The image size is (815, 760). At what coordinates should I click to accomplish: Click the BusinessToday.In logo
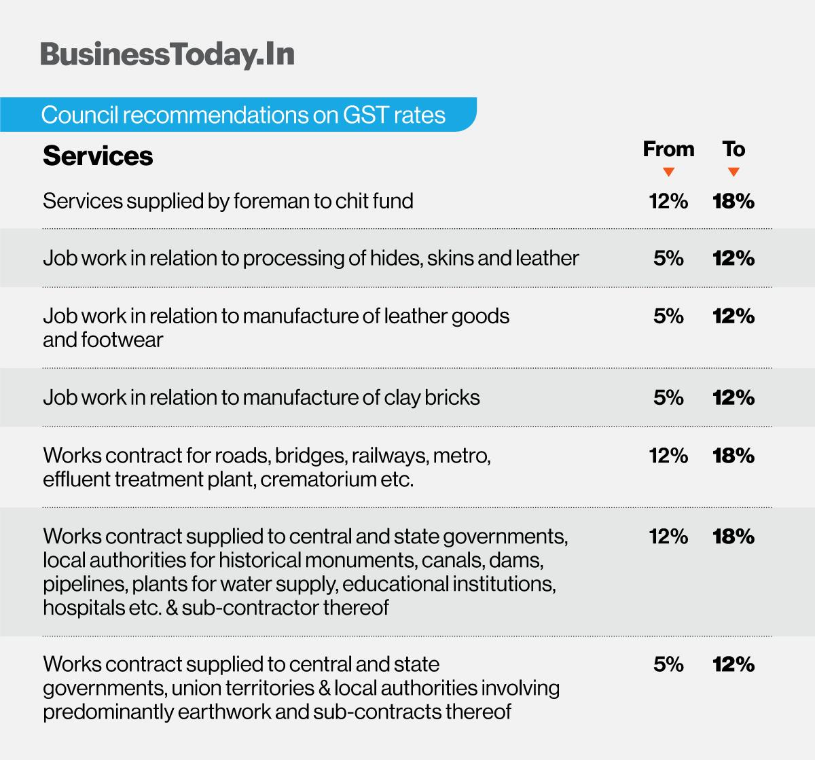167,55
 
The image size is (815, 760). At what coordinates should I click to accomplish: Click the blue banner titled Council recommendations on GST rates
242,115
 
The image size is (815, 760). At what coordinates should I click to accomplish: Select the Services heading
98,156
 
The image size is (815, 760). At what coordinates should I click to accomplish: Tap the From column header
668,149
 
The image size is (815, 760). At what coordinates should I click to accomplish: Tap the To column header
733,149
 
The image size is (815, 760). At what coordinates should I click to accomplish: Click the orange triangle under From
668,173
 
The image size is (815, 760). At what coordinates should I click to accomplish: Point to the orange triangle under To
733,173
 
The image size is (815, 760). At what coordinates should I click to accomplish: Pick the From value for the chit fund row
668,201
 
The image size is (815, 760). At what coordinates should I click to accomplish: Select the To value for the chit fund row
733,201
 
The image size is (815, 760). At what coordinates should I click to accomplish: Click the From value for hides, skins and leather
668,258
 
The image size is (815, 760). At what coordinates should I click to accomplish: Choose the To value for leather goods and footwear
733,316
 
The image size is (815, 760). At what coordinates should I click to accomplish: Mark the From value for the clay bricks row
668,397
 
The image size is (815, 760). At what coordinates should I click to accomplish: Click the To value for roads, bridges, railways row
733,456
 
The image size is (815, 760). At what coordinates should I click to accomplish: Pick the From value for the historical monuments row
668,537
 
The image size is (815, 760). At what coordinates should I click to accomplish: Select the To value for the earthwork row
733,664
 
